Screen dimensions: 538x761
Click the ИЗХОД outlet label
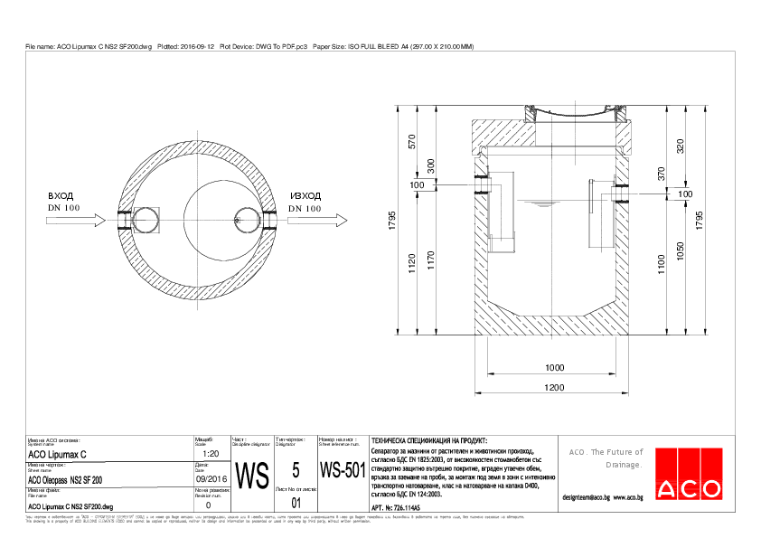pyautogui.click(x=305, y=195)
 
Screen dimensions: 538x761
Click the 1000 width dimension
pyautogui.click(x=554, y=368)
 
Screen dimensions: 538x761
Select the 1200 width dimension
pyautogui.click(x=554, y=388)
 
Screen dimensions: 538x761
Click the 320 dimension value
pyautogui.click(x=681, y=145)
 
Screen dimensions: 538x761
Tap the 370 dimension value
pyautogui.click(x=661, y=174)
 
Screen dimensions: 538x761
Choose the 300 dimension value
pyautogui.click(x=431, y=165)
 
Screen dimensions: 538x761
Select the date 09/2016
pyautogui.click(x=211, y=479)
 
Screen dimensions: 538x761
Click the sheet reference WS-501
pyautogui.click(x=342, y=471)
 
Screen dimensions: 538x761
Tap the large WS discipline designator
pyautogui.click(x=252, y=474)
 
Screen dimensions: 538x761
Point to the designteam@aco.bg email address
pyautogui.click(x=587, y=497)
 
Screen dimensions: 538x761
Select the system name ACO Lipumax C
pyautogui.click(x=58, y=454)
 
